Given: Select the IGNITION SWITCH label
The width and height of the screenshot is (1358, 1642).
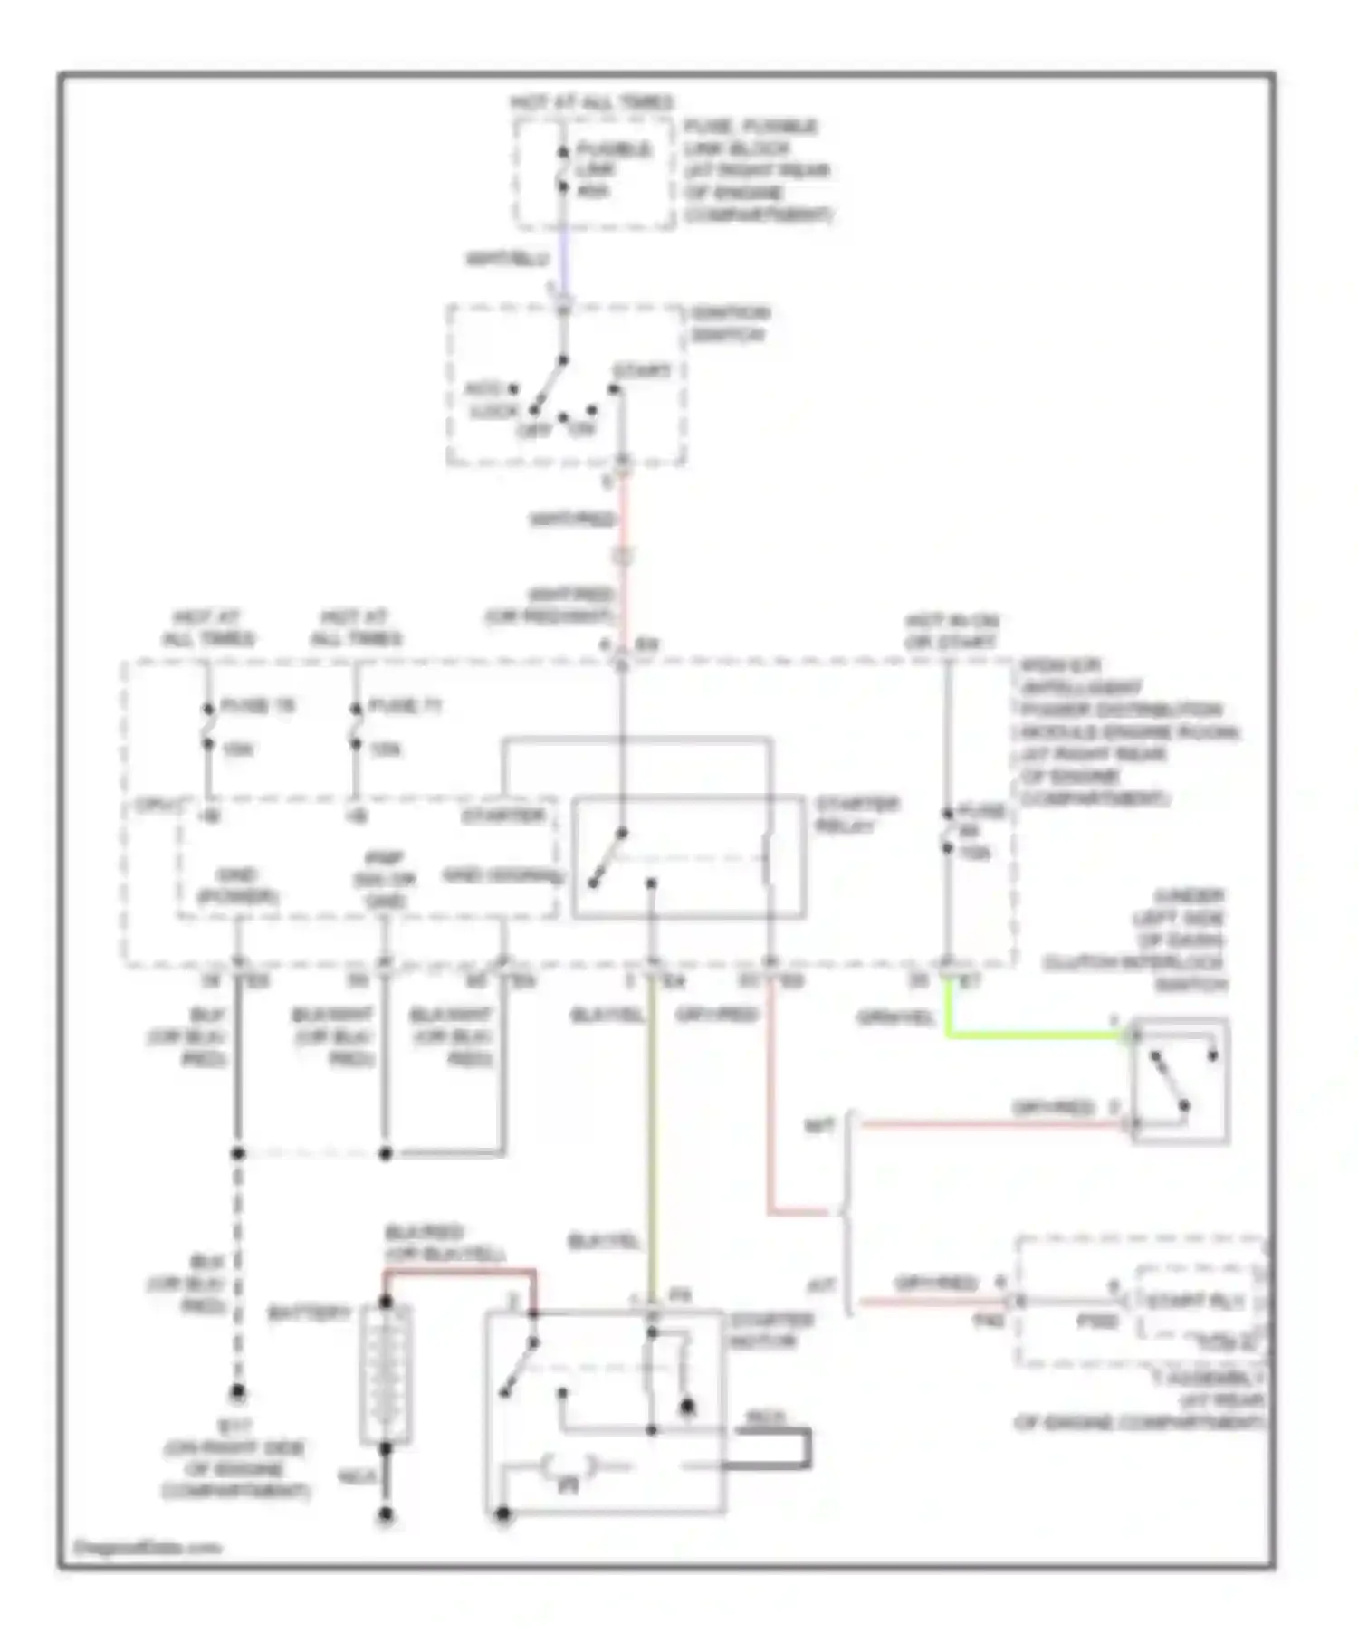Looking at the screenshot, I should (730, 324).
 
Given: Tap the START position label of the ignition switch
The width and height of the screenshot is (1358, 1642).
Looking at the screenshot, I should (642, 371).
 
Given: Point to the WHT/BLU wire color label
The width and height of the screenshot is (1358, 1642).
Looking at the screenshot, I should (508, 260).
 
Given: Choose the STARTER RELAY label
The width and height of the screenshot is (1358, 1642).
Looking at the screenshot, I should (856, 815).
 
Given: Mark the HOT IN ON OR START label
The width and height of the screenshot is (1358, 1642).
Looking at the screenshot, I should (951, 632).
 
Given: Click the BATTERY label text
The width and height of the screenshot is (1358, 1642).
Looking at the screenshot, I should (309, 1313).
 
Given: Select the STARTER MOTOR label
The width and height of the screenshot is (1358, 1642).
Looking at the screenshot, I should (772, 1331).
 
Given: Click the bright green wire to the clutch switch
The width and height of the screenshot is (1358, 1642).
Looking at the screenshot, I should (1032, 1034).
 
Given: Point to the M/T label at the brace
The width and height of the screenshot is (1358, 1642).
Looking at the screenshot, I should (819, 1127).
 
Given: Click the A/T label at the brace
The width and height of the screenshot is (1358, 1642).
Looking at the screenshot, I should (819, 1285).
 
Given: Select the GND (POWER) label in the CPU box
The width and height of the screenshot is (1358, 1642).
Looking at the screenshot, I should (237, 886).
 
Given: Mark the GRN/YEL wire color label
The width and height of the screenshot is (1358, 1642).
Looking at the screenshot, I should (895, 1018).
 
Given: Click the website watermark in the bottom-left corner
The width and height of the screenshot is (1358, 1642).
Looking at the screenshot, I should (145, 1547).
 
